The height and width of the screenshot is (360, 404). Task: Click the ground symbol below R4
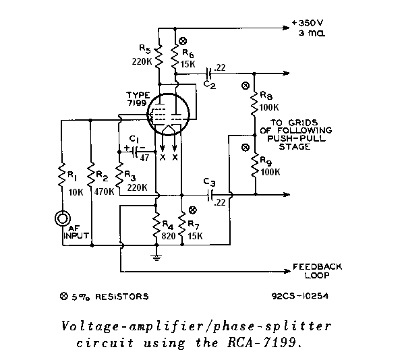coord(156,257)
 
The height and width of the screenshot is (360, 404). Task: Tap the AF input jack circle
coord(62,218)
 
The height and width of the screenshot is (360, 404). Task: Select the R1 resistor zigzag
coord(62,175)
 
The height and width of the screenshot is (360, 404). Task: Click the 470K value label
coord(104,191)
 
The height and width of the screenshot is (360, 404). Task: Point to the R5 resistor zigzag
coord(159,57)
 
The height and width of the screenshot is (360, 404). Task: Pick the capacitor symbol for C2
coord(209,73)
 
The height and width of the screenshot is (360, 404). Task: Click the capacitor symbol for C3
coord(210,195)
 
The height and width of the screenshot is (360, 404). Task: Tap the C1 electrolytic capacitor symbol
coord(135,152)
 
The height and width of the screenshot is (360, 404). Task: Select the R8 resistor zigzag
coord(254,104)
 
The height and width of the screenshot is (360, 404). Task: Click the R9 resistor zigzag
coord(255,165)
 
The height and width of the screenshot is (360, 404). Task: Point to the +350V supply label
coord(308,23)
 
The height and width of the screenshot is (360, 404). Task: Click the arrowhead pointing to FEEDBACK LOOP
coord(287,271)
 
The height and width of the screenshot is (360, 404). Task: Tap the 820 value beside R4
coord(168,236)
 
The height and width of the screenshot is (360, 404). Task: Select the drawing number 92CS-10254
coord(300,296)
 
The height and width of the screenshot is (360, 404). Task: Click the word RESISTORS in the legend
coord(122,297)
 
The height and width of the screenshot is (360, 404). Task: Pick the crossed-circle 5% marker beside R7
coord(192,210)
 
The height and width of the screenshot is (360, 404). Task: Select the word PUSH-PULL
coord(296,139)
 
